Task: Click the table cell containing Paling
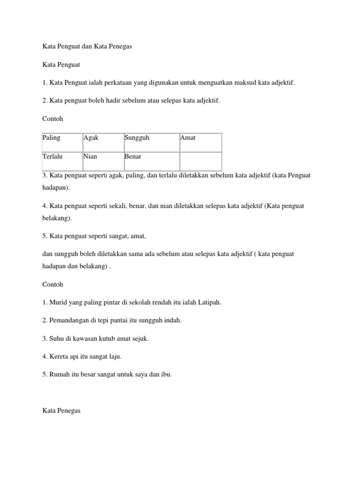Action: click(62, 142)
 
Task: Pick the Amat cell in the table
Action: click(200, 142)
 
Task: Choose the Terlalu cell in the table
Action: click(62, 161)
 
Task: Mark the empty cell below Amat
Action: click(200, 161)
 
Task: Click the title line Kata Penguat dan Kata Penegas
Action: click(88, 46)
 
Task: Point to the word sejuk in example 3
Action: click(139, 338)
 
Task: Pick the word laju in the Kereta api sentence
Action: click(114, 357)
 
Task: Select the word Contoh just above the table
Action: click(52, 119)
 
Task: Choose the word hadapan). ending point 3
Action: click(56, 187)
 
